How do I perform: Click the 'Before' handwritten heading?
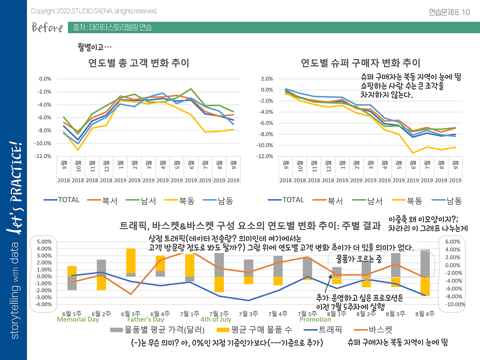(47, 27)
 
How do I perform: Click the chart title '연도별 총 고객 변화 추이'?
(139, 63)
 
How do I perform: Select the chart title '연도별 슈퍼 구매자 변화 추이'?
(360, 63)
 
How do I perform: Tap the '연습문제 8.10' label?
(449, 12)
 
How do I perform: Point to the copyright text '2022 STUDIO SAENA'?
(94, 11)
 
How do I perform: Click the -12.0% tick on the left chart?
(45, 156)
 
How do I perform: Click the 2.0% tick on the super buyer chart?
(267, 79)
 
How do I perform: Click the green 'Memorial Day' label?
(78, 319)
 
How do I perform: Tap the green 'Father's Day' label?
(145, 319)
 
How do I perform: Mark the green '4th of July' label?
(216, 319)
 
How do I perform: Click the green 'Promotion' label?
(315, 319)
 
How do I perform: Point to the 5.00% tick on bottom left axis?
(44, 242)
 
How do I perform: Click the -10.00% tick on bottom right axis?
(455, 304)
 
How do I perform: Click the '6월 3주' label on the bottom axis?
(130, 314)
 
